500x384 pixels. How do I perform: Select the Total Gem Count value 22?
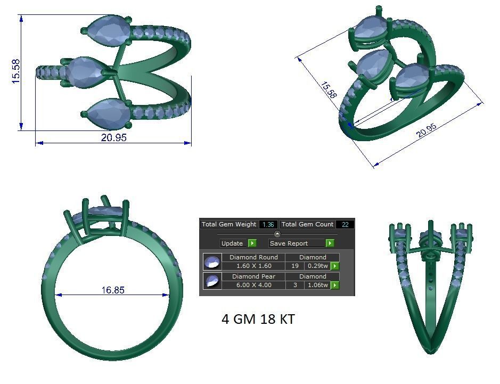click(x=345, y=225)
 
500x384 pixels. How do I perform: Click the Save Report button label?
click(x=289, y=243)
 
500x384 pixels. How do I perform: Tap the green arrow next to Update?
click(x=252, y=243)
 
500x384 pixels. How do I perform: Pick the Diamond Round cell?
click(x=253, y=257)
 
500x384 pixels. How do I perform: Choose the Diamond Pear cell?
click(x=253, y=276)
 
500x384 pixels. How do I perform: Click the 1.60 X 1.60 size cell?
click(x=253, y=266)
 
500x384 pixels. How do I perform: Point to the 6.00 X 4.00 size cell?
click(x=253, y=285)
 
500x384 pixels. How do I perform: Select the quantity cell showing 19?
click(x=294, y=266)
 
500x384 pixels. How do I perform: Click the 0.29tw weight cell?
click(x=317, y=266)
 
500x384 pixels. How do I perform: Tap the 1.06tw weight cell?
click(x=317, y=285)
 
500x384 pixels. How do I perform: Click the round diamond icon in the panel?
click(x=212, y=262)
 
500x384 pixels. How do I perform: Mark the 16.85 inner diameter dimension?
click(x=113, y=290)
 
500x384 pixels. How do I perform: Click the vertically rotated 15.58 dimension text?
click(x=16, y=71)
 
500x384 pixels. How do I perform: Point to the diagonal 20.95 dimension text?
click(x=427, y=129)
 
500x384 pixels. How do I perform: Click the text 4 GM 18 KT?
click(x=258, y=320)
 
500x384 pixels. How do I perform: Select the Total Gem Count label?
click(x=307, y=225)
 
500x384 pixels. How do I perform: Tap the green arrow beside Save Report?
click(x=330, y=243)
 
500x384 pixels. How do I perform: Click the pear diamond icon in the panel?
click(x=212, y=281)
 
